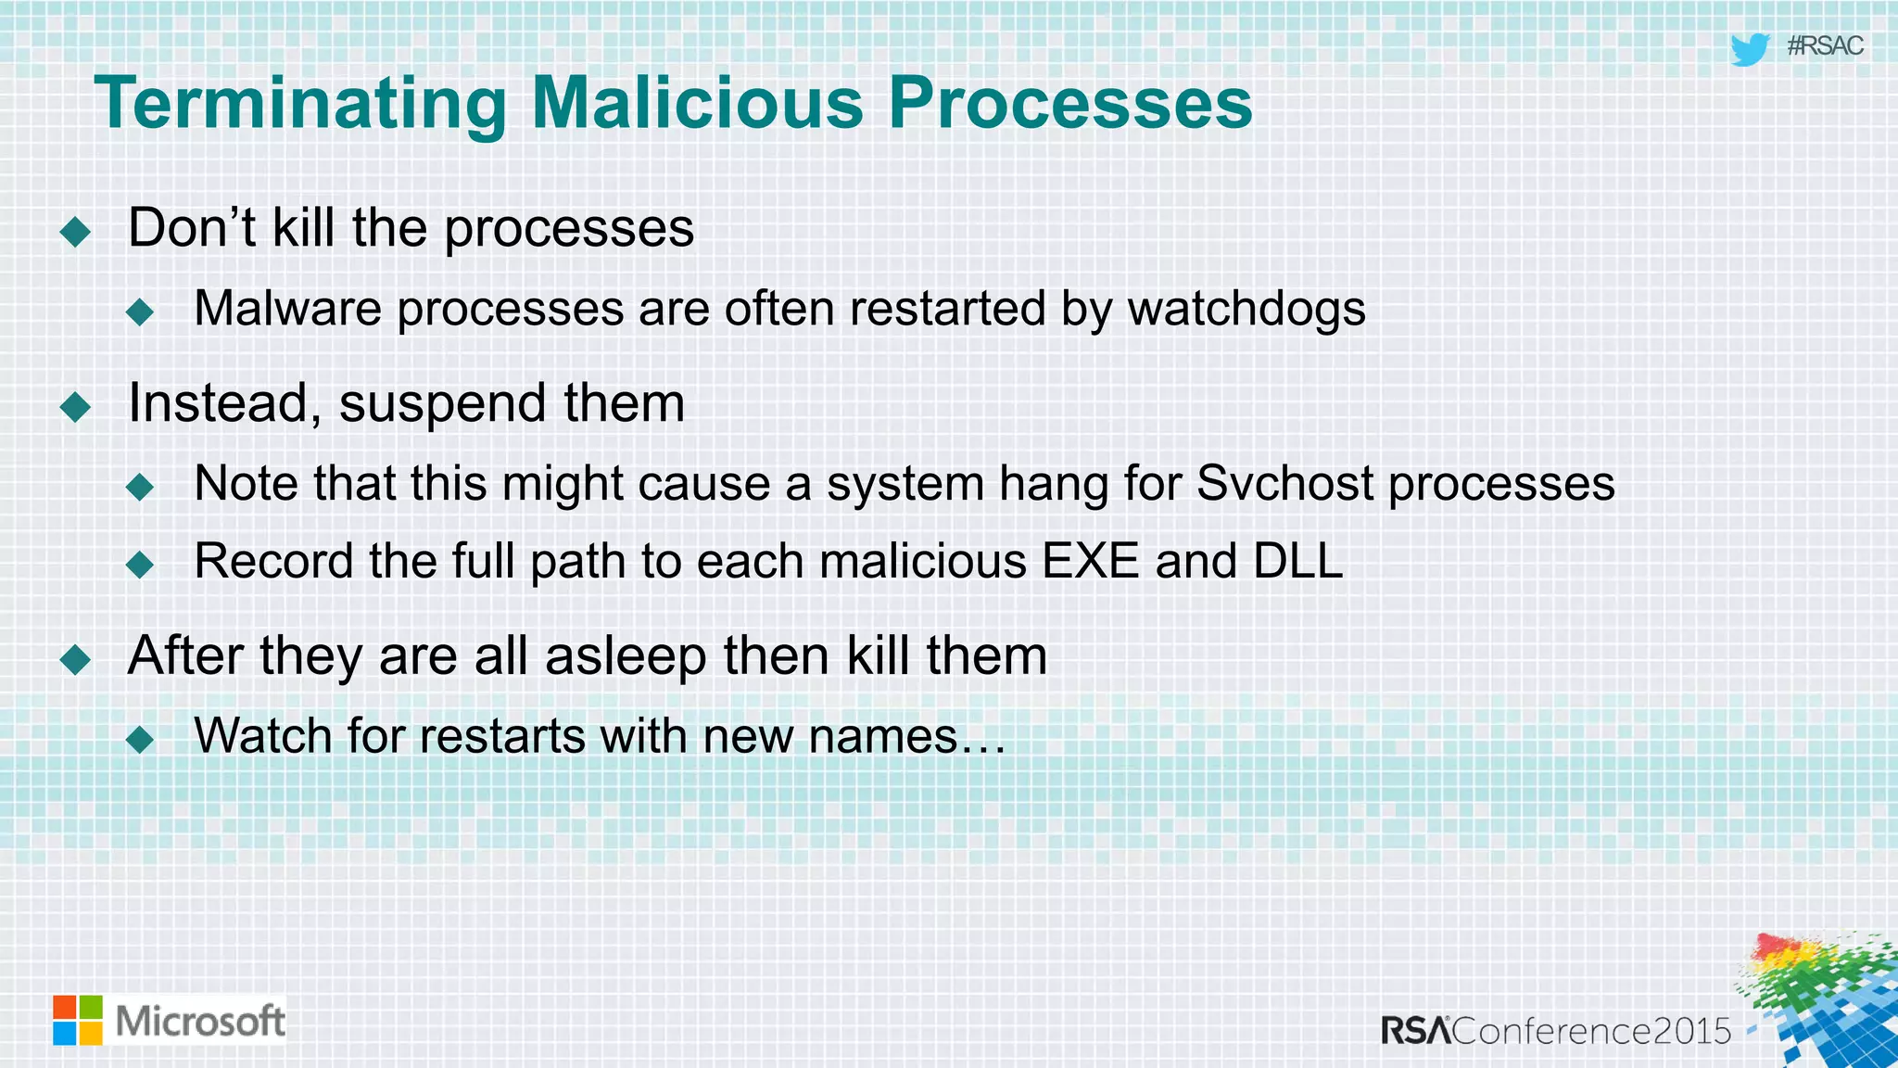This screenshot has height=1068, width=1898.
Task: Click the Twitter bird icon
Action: (1750, 49)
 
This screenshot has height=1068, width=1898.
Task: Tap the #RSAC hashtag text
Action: (1824, 46)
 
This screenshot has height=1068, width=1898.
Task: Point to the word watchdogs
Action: (1246, 310)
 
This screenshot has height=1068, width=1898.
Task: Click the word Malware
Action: (287, 309)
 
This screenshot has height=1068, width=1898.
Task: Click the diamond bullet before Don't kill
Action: (75, 231)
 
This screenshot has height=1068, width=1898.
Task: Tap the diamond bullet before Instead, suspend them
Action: (75, 406)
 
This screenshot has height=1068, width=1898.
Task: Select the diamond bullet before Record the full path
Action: (140, 564)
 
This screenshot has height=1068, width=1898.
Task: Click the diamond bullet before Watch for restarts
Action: (140, 739)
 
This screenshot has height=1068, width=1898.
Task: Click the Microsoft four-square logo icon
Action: (78, 1020)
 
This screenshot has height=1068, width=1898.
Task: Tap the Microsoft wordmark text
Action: (200, 1021)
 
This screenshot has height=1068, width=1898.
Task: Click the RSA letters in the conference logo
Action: (1415, 1031)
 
